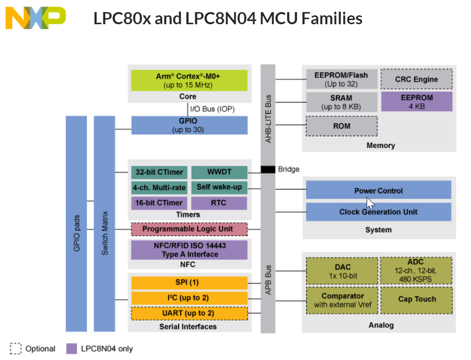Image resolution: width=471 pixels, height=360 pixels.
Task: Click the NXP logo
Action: tap(35, 18)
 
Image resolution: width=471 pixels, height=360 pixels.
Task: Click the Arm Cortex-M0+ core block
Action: tap(189, 80)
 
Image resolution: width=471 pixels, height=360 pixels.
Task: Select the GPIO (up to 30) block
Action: tap(189, 125)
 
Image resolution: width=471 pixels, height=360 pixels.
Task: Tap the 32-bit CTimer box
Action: tap(159, 172)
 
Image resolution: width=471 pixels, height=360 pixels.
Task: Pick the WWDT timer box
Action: tap(219, 172)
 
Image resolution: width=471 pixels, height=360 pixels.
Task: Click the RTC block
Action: tap(219, 203)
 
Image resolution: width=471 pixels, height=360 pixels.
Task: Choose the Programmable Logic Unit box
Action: tap(189, 229)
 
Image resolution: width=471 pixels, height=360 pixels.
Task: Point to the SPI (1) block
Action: tap(189, 283)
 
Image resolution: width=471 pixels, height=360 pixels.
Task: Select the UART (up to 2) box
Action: tap(189, 313)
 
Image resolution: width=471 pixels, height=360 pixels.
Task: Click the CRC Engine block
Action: tap(416, 79)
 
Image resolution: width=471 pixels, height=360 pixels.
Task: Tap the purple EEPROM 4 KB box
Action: tap(416, 101)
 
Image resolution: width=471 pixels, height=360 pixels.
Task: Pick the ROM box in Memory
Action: tap(342, 126)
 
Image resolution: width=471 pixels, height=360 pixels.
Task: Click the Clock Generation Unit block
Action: tap(378, 212)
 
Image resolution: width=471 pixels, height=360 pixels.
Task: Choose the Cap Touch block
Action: tap(416, 299)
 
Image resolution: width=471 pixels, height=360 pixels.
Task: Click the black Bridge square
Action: tap(268, 169)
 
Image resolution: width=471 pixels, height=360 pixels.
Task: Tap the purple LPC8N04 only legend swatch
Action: tap(72, 349)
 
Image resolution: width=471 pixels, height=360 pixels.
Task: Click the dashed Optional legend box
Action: tap(16, 349)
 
